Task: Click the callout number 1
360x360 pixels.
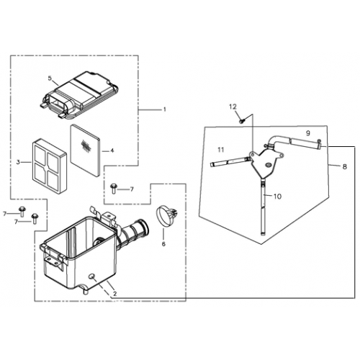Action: click(x=164, y=109)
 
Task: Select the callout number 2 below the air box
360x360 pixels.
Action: click(x=114, y=294)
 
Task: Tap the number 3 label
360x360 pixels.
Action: click(x=17, y=163)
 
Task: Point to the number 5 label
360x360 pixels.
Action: click(x=50, y=78)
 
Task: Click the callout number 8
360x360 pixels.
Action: click(x=344, y=166)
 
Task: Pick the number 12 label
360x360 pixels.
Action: click(x=233, y=107)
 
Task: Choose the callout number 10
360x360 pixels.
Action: click(x=277, y=196)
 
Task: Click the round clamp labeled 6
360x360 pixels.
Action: click(x=166, y=215)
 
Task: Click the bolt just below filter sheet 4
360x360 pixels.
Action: click(x=114, y=189)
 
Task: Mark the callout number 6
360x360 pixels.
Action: click(x=163, y=244)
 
